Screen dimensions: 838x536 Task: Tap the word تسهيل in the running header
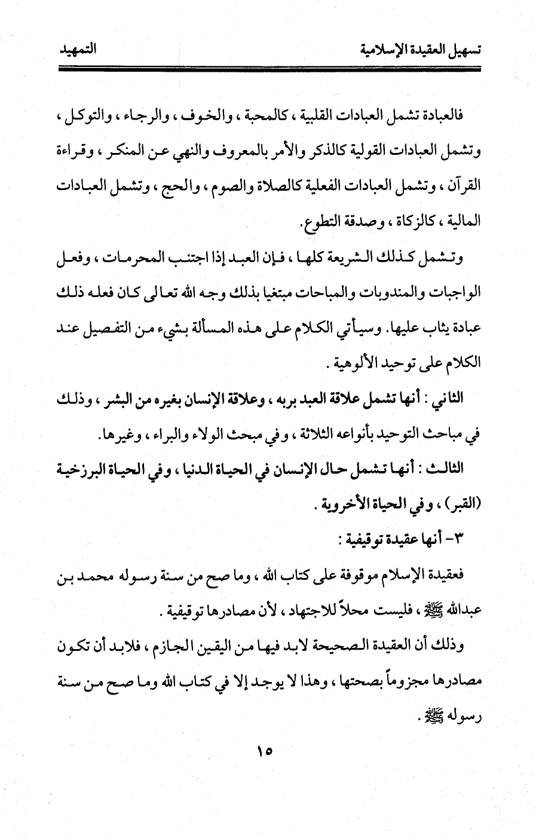point(463,51)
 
